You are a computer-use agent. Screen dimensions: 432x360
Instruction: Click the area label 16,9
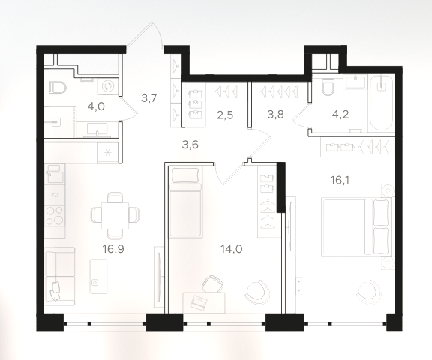pos(113,249)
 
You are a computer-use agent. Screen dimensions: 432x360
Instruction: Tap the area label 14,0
pos(232,249)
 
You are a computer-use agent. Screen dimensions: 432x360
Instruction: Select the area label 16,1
pos(340,181)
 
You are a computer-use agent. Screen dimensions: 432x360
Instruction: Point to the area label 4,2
pos(340,114)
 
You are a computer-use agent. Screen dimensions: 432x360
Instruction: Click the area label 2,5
pos(225,115)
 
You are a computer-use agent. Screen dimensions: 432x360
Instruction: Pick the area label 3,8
pos(275,114)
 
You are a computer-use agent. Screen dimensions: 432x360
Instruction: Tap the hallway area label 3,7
pos(148,97)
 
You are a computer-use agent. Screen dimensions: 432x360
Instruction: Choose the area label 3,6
pos(190,145)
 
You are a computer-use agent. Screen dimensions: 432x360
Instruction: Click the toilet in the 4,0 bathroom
pos(57,88)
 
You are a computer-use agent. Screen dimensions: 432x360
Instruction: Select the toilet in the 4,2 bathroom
pos(328,86)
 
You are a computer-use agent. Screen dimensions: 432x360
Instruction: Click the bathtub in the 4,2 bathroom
pos(382,103)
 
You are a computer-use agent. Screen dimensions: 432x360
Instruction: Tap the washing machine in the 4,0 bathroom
pos(107,85)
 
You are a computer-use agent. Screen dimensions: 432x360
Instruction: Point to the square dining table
pos(115,215)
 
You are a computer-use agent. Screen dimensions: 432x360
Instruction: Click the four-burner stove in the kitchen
pos(55,216)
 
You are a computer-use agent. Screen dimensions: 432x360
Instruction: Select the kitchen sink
pos(55,174)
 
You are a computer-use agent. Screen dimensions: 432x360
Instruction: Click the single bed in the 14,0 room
pos(186,202)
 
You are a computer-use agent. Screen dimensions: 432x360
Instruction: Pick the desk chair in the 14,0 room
pos(212,283)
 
